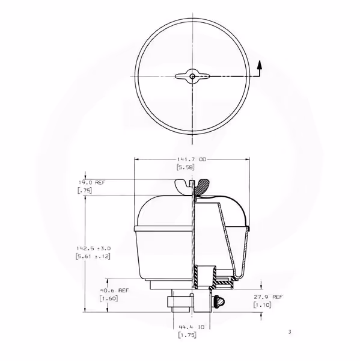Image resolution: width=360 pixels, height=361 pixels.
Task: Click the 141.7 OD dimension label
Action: click(x=192, y=159)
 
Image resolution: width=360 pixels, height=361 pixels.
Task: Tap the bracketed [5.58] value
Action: click(x=186, y=167)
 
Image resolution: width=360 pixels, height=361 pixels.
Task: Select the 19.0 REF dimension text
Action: click(x=92, y=182)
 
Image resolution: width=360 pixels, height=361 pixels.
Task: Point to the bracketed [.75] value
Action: click(x=84, y=190)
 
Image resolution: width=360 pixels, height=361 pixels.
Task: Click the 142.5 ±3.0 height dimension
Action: click(x=94, y=248)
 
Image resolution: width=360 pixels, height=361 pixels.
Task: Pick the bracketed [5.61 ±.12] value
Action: click(x=93, y=256)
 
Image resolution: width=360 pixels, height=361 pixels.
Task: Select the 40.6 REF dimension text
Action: click(x=114, y=291)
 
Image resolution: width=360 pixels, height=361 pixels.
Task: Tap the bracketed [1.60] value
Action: click(x=109, y=298)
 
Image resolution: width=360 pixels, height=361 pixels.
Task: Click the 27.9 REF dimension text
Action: click(x=268, y=297)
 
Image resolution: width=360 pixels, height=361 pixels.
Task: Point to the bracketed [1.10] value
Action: click(x=263, y=305)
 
